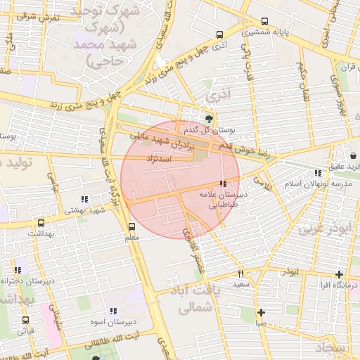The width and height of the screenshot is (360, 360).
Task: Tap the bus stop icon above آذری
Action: pos(220,34)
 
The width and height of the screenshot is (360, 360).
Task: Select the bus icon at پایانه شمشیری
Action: pos(264,21)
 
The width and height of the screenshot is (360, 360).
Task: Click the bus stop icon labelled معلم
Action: pos(131,226)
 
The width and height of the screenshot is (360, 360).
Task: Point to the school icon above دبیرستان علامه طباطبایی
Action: pos(224,184)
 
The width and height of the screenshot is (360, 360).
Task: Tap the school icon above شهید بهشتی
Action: pos(85,199)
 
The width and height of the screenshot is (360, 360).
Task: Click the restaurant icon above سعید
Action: pos(240,274)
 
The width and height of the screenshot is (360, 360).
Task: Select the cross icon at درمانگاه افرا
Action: pos(340,274)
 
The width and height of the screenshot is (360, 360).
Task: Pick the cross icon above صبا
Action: pos(261,312)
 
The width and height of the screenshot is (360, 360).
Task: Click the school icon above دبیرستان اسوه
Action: pos(112,311)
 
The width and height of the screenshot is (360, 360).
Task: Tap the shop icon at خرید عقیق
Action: pos(352,155)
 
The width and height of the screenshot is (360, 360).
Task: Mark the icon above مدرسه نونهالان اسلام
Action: pos(318,172)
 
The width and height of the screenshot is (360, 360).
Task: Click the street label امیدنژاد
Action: pos(158,160)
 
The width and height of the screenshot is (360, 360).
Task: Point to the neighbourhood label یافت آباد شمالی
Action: pos(192,298)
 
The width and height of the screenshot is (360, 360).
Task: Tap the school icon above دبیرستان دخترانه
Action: pos(18,269)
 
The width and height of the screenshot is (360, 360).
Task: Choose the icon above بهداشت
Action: pos(32,221)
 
